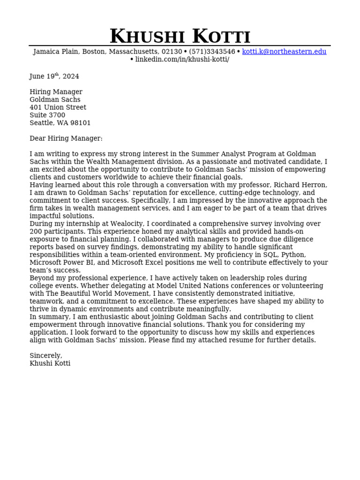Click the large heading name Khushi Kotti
[x=180, y=37]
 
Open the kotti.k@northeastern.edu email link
[x=284, y=52]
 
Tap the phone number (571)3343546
[x=212, y=52]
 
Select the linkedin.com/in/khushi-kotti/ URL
[x=182, y=60]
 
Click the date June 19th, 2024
[x=54, y=76]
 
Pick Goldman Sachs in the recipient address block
[x=55, y=100]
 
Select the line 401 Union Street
[x=58, y=107]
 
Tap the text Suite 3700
[x=47, y=115]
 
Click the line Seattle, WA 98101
[x=60, y=123]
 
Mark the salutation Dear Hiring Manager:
[x=66, y=138]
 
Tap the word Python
[x=293, y=255]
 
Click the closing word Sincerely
[x=45, y=356]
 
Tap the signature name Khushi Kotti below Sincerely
[x=50, y=363]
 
